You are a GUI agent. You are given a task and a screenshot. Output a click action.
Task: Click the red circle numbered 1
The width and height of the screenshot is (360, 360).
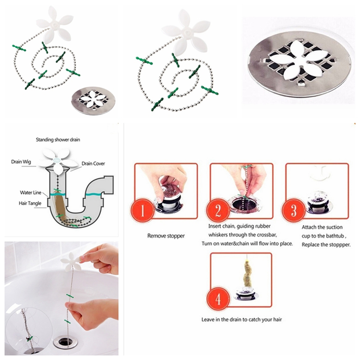click(x=142, y=210)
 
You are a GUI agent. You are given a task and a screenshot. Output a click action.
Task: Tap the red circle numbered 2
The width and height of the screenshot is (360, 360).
click(x=218, y=210)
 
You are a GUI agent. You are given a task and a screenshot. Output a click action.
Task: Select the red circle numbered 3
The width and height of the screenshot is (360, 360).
click(x=294, y=210)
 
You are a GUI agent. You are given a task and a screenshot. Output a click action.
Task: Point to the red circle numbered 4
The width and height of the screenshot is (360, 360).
click(x=218, y=299)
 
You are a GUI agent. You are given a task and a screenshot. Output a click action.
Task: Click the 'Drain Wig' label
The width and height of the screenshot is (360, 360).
click(x=21, y=162)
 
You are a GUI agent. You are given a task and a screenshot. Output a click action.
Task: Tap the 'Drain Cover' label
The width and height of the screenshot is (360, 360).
click(x=93, y=163)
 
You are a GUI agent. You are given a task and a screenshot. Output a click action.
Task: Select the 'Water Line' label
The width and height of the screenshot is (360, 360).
click(x=31, y=193)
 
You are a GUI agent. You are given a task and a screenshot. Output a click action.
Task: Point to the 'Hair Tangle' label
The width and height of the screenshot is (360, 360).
click(x=30, y=203)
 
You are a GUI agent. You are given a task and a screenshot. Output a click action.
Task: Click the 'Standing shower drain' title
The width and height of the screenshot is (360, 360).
click(x=58, y=139)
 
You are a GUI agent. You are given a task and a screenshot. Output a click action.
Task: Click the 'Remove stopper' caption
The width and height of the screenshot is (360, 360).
click(x=166, y=236)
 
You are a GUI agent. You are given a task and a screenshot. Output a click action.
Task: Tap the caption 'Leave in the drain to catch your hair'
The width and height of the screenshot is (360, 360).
click(x=242, y=319)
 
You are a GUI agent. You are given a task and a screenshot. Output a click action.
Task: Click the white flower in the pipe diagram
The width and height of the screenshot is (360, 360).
click(x=58, y=160)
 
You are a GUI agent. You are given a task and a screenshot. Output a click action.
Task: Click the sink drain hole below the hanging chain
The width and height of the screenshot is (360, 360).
click(x=65, y=342)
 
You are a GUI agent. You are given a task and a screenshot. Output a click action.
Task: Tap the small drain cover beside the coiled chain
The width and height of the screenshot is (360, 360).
click(x=94, y=100)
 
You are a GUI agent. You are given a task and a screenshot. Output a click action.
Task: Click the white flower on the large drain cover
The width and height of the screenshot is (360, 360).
click(x=301, y=60)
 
